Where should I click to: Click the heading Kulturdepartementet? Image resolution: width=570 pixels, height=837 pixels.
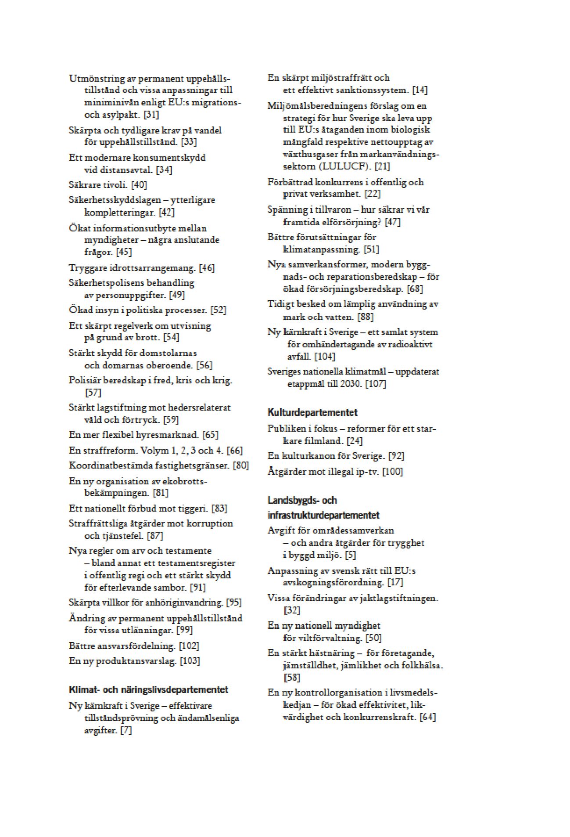(312, 412)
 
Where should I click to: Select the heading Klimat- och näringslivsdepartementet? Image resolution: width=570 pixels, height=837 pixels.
(148, 689)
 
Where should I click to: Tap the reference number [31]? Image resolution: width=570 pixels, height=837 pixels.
(151, 115)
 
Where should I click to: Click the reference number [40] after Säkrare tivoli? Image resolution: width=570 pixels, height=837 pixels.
(139, 185)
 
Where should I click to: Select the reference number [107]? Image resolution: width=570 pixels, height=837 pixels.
(375, 384)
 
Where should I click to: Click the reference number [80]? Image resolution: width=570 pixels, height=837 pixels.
(241, 465)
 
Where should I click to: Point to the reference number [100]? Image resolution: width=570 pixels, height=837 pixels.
(392, 472)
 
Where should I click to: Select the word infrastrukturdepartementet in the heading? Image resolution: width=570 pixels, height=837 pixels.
(323, 515)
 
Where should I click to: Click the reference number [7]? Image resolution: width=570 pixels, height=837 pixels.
(126, 730)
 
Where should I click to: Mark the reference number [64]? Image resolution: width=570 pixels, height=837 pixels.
(427, 717)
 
